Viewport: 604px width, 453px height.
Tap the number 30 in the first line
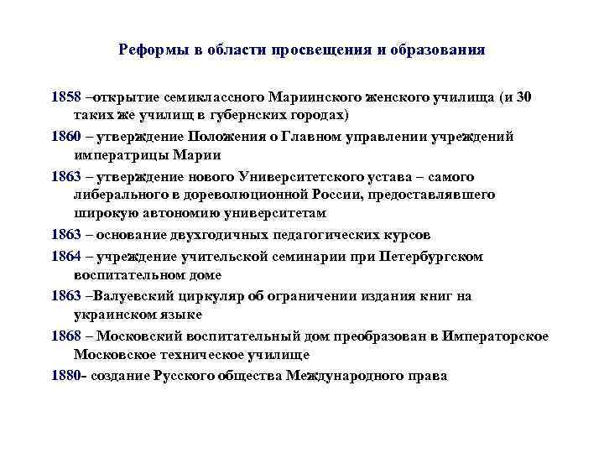(523, 96)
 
